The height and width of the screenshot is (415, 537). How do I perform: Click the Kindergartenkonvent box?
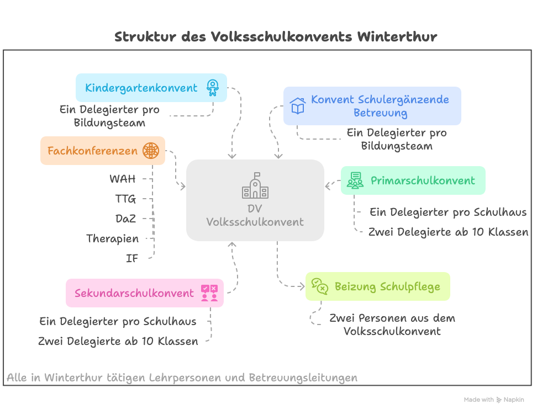point(151,88)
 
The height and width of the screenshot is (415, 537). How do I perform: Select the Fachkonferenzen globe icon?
point(151,151)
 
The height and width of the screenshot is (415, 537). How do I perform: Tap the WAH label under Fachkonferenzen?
point(123,179)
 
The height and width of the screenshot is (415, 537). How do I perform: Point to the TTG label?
point(125,199)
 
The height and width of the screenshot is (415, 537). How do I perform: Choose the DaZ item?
point(126,219)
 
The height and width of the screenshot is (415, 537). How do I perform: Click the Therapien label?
point(112,239)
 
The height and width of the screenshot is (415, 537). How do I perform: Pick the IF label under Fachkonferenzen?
point(132,258)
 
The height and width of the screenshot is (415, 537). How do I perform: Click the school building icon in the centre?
point(255,185)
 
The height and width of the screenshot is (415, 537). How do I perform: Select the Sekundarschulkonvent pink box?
point(145,293)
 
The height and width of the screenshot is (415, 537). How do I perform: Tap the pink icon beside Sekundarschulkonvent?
point(209,293)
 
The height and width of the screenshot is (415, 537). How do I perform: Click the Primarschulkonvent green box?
point(413,180)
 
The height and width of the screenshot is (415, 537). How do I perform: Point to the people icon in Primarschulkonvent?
point(355,180)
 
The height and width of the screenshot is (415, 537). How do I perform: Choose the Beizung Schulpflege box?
point(378,286)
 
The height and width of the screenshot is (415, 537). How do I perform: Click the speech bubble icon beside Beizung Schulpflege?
point(320,286)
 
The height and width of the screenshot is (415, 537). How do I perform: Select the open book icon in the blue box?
point(298,106)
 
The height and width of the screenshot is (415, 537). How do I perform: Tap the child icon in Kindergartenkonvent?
point(213,88)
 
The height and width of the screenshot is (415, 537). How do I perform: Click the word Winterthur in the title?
point(397,36)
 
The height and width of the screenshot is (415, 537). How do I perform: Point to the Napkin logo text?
point(514,400)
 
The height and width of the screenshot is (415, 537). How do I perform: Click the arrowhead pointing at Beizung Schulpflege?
point(302,286)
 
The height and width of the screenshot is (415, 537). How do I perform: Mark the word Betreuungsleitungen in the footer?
point(303,377)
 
